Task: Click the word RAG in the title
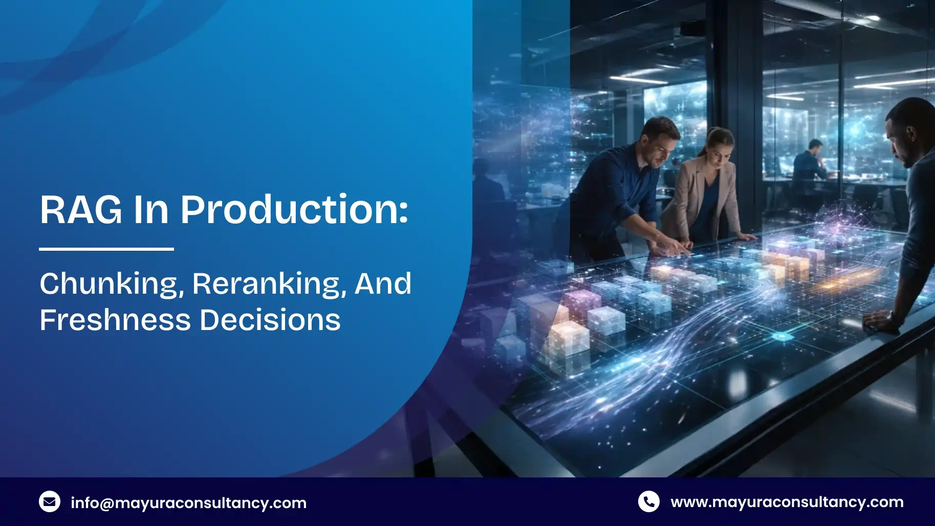pos(81,209)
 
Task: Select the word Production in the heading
pos(294,209)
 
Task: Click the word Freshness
pos(115,320)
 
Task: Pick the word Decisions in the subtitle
pos(270,320)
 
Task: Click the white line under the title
pos(106,249)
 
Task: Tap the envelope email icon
pos(50,502)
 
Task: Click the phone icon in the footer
pos(648,502)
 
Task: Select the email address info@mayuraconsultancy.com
pos(188,503)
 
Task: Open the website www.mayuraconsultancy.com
pos(787,502)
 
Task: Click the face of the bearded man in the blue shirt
pos(658,148)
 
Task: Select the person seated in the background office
pos(810,161)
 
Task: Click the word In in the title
pos(151,209)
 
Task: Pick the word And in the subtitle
pos(383,283)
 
